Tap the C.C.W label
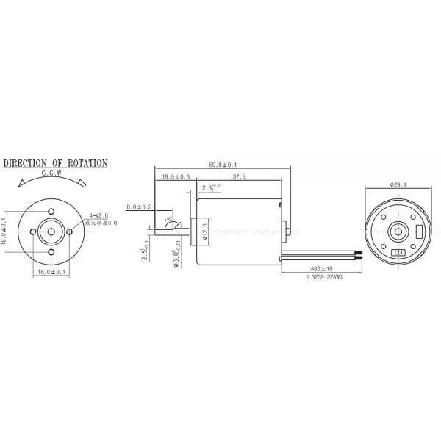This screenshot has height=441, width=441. (52, 173)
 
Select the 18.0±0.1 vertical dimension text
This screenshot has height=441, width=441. (5, 229)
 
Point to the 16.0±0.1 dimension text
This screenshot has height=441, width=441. (54, 272)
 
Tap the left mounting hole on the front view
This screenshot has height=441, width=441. (35, 231)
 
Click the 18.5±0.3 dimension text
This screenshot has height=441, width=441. (176, 177)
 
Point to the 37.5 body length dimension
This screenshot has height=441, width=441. (239, 177)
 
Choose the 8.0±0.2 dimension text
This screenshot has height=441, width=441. (139, 207)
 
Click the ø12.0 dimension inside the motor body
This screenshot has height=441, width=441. (207, 231)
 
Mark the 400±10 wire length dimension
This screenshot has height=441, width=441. (321, 268)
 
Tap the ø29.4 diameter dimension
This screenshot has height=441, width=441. (399, 184)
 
